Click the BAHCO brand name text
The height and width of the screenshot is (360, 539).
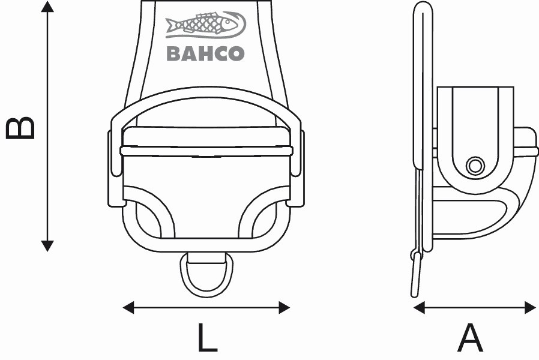205,54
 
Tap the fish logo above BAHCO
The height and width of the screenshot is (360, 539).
205,25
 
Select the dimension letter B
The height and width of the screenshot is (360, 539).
20,128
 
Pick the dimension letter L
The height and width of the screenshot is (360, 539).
207,337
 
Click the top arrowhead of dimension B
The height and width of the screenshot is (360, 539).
47,6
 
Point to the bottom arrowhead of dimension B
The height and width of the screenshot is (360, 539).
47,246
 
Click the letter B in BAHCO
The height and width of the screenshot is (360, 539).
174,54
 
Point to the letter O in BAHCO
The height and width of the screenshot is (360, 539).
237,54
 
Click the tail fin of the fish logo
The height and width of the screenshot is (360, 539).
171,25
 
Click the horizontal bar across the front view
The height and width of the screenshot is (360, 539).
206,151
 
